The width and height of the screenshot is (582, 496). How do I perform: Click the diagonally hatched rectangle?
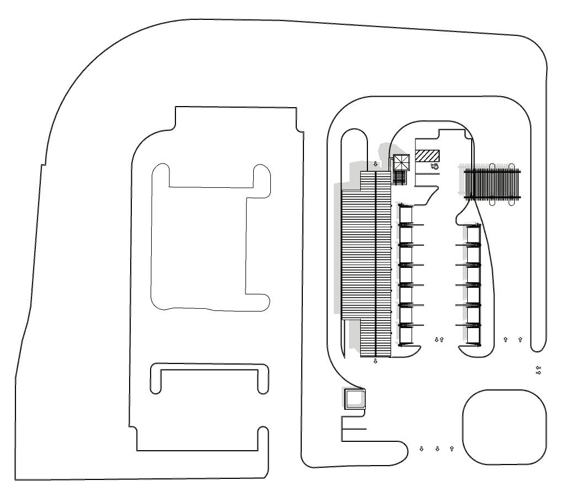point(427,156)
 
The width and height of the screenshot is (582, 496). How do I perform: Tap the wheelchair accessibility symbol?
point(435,165)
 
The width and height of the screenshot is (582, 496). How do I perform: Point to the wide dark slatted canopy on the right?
point(493,184)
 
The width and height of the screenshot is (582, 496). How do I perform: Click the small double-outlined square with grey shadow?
point(354,398)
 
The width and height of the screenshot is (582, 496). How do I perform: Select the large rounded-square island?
point(504,427)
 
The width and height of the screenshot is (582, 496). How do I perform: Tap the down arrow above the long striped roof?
point(376,164)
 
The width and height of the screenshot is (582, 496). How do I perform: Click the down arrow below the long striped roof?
point(376,361)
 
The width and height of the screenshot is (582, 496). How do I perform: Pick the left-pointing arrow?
point(539,367)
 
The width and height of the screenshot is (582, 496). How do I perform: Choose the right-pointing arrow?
point(539,373)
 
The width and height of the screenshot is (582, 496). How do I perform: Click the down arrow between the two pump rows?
point(436,339)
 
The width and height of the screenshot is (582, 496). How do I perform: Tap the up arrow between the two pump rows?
point(442,339)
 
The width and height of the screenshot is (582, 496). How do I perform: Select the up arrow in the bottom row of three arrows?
point(452,448)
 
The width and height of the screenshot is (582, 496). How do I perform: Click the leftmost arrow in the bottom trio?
point(421,448)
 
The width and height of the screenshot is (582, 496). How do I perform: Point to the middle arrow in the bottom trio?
point(437,448)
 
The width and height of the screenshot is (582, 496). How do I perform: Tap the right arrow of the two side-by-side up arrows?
point(520,339)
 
